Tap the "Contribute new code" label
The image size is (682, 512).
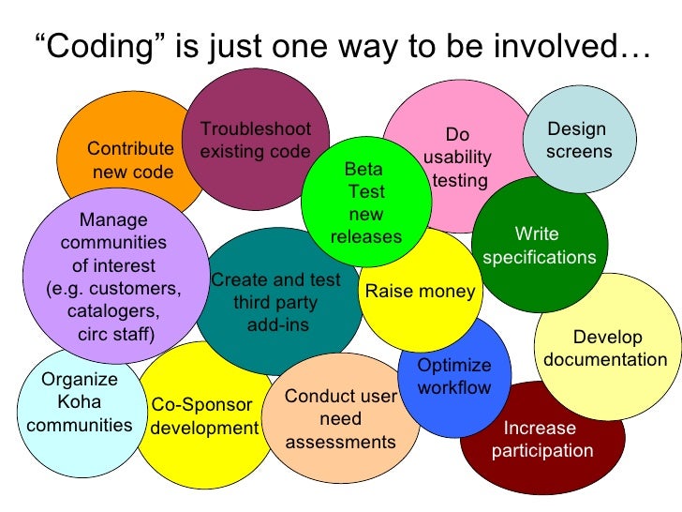click(x=131, y=160)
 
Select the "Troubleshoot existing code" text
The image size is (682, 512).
click(x=255, y=141)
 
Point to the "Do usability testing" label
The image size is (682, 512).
click(x=457, y=158)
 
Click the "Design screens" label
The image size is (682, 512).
click(x=578, y=140)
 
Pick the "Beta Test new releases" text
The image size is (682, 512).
click(x=365, y=203)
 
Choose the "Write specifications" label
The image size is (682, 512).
click(x=539, y=246)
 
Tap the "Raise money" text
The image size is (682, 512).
click(x=420, y=292)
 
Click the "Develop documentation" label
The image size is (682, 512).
click(x=606, y=349)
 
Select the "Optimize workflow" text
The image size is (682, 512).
click(x=453, y=376)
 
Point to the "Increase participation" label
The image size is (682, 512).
click(x=542, y=440)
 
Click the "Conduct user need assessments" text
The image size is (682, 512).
click(x=340, y=418)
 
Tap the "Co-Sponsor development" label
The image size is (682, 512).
click(x=204, y=417)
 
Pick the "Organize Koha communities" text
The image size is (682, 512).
click(x=80, y=402)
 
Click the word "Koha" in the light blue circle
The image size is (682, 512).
click(x=80, y=402)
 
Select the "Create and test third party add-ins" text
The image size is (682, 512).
click(x=276, y=303)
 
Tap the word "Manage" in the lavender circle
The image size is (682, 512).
click(x=114, y=220)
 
